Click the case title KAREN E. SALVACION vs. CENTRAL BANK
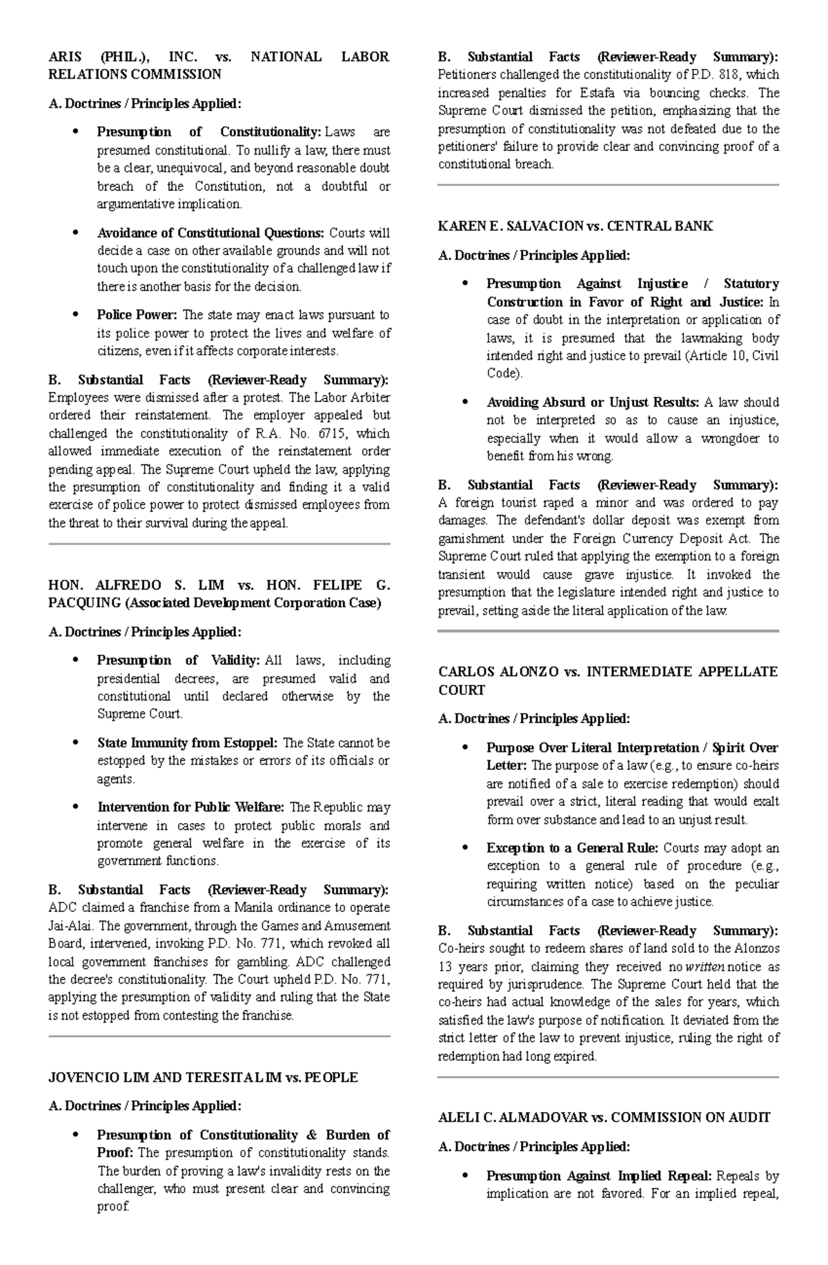click(x=575, y=226)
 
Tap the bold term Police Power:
click(x=137, y=315)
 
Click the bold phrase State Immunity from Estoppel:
click(x=188, y=743)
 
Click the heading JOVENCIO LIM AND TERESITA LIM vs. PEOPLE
click(x=204, y=1077)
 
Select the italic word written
click(x=703, y=967)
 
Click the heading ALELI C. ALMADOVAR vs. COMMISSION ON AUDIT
click(x=604, y=1117)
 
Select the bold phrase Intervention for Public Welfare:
click(x=190, y=807)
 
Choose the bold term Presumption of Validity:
click(x=179, y=660)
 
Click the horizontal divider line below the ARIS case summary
click(x=219, y=544)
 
